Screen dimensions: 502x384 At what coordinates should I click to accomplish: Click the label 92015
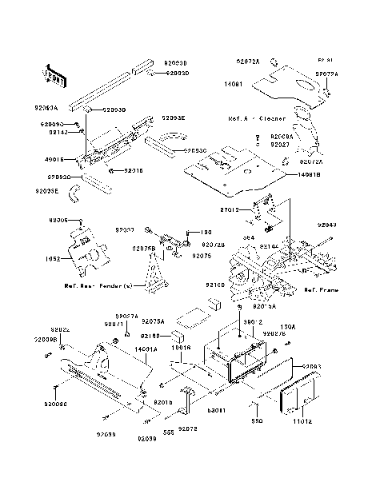(x=133, y=170)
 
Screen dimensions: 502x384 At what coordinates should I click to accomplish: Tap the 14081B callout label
(x=312, y=173)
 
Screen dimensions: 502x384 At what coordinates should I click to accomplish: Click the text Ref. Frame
(x=321, y=293)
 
